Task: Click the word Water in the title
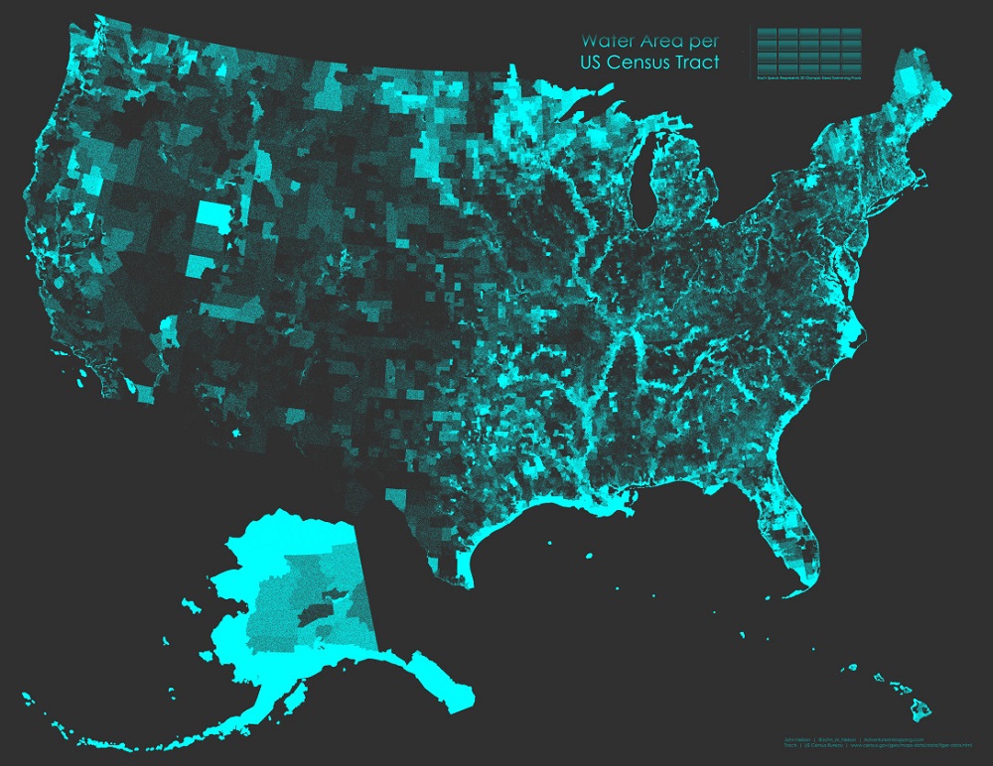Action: tap(609, 42)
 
